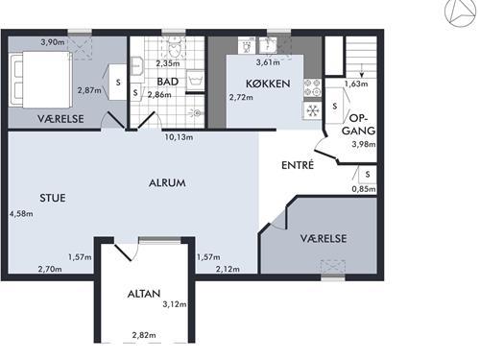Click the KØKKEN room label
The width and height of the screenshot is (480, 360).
268,84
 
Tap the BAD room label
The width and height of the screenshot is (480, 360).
167,82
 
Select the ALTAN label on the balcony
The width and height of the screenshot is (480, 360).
144,294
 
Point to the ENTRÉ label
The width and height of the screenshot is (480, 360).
298,165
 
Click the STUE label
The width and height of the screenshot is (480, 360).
53,198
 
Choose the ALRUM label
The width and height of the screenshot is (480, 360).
167,182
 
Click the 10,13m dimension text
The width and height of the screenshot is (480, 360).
179,137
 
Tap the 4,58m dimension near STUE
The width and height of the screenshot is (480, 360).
21,213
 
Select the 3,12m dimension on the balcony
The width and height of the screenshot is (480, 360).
175,304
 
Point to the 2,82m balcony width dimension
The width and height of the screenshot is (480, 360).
144,335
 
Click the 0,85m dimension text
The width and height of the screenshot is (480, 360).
364,189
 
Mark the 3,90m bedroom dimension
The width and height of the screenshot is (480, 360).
53,42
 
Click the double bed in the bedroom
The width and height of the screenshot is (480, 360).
40,80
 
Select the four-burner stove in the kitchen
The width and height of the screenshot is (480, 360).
312,88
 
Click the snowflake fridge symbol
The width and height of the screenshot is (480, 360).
312,110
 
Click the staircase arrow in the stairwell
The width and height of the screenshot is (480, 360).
362,70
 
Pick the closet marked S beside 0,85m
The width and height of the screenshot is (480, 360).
368,175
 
